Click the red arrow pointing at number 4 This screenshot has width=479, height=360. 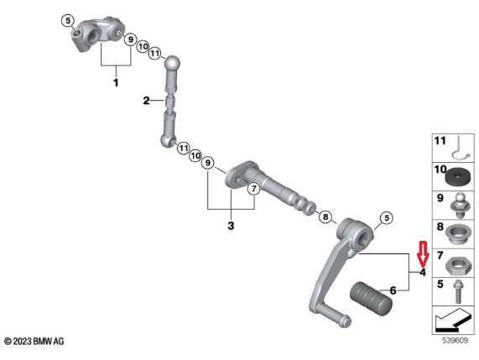pyautogui.click(x=423, y=253)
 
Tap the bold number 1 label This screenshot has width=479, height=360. pyautogui.click(x=116, y=83)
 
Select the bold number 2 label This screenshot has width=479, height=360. pyautogui.click(x=146, y=100)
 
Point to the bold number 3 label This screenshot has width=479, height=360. pyautogui.click(x=231, y=226)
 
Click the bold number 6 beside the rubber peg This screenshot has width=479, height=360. pyautogui.click(x=393, y=290)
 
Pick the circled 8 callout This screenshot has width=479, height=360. pyautogui.click(x=325, y=217)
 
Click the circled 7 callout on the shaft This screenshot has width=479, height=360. pyautogui.click(x=253, y=189)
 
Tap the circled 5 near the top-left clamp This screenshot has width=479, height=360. pyautogui.click(x=68, y=21)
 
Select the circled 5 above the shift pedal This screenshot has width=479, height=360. pyautogui.click(x=387, y=218)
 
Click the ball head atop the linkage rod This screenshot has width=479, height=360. pyautogui.click(x=172, y=63)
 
